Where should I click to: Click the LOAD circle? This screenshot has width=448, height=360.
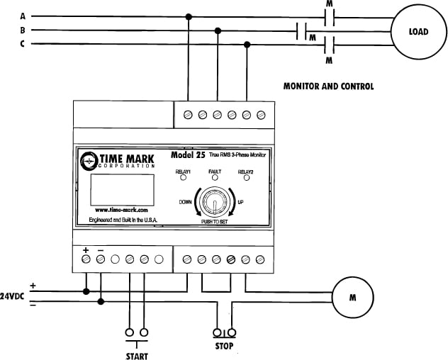418,32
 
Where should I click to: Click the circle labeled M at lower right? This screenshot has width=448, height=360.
352,297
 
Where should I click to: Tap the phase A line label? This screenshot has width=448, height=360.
23,16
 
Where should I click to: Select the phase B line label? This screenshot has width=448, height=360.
23,30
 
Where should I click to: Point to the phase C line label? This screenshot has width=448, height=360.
23,45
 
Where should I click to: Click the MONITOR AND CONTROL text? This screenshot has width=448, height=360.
328,86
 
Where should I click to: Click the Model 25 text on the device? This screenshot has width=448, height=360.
188,155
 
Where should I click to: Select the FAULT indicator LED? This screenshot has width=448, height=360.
215,179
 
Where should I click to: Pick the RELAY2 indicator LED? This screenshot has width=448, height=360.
246,179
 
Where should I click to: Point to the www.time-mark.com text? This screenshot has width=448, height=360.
121,210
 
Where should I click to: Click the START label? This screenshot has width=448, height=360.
136,356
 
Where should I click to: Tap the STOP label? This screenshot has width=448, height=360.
224,347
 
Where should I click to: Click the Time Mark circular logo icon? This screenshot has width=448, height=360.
89,161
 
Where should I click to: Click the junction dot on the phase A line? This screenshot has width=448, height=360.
188,16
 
